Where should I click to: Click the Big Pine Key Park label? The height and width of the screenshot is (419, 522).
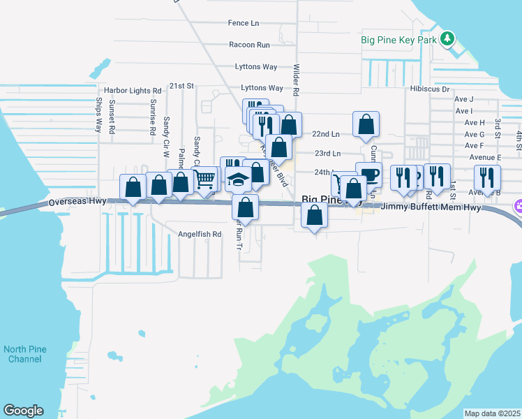click(398, 40)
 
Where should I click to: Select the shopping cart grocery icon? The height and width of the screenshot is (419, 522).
click(205, 179)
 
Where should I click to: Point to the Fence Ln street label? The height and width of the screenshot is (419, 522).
click(243, 23)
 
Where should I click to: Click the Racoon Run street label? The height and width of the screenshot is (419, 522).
click(249, 45)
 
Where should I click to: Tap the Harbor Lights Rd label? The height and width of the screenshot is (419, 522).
click(133, 91)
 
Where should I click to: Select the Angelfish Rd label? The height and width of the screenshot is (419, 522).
click(200, 234)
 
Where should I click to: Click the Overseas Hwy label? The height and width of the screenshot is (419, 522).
click(76, 203)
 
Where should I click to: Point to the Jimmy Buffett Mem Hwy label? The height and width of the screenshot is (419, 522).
click(433, 207)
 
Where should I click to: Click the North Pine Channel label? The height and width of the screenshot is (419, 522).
click(24, 354)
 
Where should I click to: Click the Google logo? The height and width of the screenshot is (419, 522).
click(23, 411)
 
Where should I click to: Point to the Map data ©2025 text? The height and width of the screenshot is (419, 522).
click(492, 413)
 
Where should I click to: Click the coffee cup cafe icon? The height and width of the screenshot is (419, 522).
click(369, 175)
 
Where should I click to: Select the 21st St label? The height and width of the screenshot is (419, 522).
click(184, 86)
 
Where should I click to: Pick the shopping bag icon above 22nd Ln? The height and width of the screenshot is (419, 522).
click(366, 125)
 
